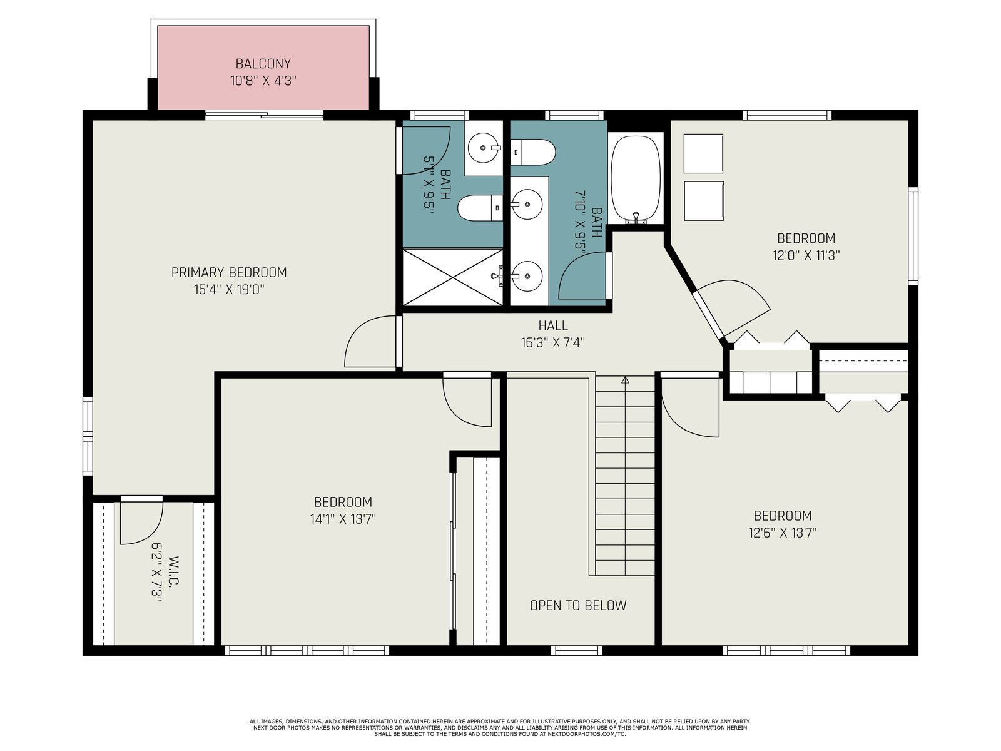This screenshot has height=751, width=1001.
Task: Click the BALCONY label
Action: (263, 63)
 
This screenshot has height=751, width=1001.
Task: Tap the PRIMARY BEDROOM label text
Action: (229, 272)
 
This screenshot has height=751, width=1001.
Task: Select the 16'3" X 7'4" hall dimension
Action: (552, 342)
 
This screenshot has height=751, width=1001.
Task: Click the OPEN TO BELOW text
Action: (578, 605)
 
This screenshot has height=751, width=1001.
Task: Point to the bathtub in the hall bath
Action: (635, 179)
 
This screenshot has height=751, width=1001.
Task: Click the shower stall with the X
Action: (452, 277)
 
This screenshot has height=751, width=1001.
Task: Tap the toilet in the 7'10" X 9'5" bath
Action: (532, 152)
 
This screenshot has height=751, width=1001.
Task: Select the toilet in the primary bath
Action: (480, 208)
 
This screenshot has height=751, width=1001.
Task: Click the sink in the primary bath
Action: (484, 147)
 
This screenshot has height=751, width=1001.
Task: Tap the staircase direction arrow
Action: (625, 380)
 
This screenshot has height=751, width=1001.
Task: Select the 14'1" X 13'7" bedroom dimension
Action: (343, 519)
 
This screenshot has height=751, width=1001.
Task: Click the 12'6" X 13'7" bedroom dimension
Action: (783, 533)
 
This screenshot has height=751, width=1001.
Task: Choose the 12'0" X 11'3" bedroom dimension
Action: (806, 255)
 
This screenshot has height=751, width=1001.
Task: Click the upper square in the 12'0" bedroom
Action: (703, 154)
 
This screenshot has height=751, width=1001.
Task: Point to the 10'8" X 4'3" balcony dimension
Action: (263, 81)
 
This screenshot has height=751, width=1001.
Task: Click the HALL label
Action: (553, 325)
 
